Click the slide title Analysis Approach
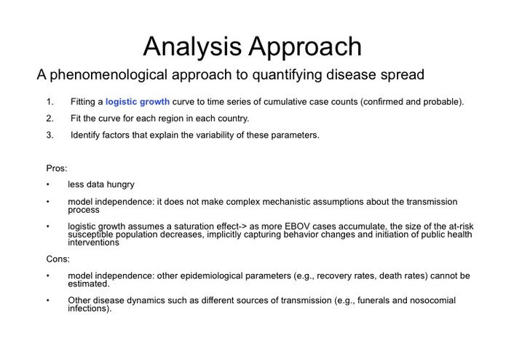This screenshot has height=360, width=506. pyautogui.click(x=252, y=46)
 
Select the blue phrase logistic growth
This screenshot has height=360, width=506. pyautogui.click(x=138, y=101)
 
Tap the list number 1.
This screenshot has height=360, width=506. pyautogui.click(x=50, y=101)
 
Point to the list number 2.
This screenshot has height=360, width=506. pyautogui.click(x=50, y=118)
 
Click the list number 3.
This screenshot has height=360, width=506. pyautogui.click(x=50, y=135)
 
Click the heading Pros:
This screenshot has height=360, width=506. pyautogui.click(x=57, y=168)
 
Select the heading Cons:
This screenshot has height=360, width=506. pyautogui.click(x=58, y=259)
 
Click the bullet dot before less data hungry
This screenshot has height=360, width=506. pyautogui.click(x=48, y=185)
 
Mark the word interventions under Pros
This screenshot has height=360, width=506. pyautogui.click(x=94, y=243)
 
